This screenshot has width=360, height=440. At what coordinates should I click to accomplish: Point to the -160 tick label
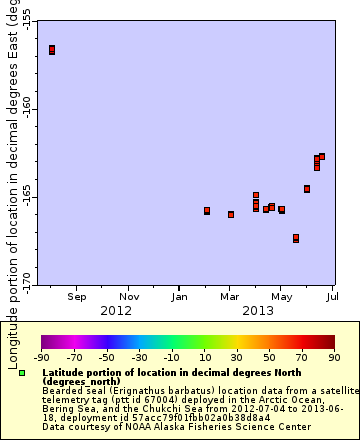25,110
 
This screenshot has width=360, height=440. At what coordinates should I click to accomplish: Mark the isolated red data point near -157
52,50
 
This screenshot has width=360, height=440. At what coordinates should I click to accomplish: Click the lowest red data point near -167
296,238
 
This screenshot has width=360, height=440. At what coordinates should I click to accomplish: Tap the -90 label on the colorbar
42,356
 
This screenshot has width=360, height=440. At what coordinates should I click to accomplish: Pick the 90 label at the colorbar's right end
333,356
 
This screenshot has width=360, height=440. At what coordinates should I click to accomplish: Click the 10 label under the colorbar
204,356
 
